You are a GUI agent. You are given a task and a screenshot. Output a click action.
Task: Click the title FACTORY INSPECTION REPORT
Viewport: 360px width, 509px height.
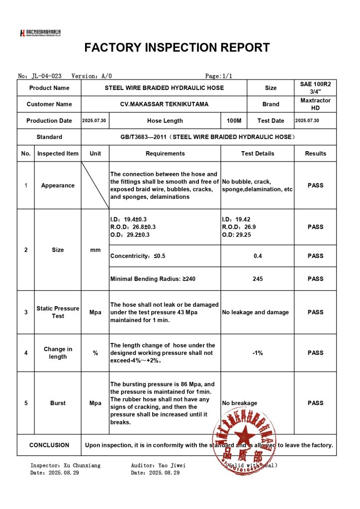click(x=177, y=48)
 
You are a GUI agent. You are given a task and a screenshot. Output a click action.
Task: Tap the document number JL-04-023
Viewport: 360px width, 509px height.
click(x=46, y=76)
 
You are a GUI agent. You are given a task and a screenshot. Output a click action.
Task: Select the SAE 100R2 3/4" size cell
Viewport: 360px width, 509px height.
click(x=315, y=88)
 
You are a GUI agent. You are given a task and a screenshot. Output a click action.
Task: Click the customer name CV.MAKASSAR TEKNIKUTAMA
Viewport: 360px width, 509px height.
click(x=164, y=104)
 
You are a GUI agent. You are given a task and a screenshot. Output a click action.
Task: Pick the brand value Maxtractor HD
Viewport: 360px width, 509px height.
click(x=315, y=104)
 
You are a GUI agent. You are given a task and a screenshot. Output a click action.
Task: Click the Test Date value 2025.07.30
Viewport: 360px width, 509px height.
click(x=307, y=121)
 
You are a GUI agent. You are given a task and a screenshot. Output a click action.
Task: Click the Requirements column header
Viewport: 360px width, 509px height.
click(x=165, y=154)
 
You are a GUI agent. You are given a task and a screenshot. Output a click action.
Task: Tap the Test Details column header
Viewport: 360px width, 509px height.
click(x=258, y=154)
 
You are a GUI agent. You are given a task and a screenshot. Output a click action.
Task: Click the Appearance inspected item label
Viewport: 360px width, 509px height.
click(x=58, y=185)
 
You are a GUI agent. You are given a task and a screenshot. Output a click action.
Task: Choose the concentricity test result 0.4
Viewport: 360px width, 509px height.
click(x=258, y=256)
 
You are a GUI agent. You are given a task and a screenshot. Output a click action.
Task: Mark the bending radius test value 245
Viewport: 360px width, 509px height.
click(x=258, y=279)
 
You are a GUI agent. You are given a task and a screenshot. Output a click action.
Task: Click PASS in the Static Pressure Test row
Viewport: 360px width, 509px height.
click(x=315, y=312)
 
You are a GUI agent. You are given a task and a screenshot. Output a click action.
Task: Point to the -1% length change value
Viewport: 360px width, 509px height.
click(x=258, y=353)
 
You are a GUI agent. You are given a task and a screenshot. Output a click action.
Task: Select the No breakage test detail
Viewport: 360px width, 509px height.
click(x=240, y=403)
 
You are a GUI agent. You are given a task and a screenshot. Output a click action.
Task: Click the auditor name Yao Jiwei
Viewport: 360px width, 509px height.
click(x=172, y=465)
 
